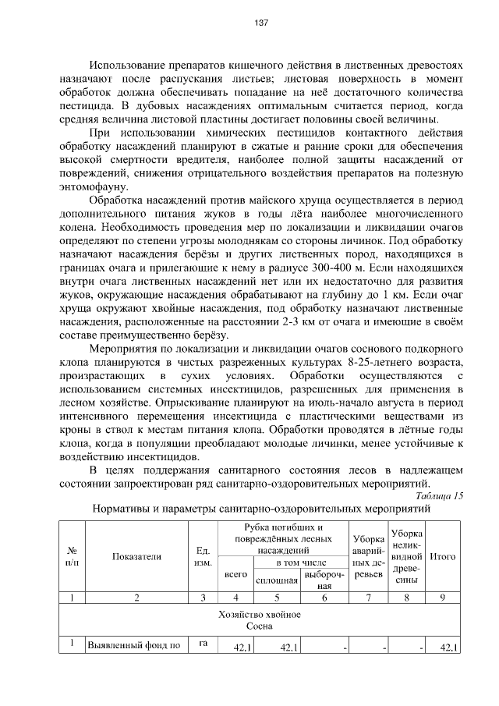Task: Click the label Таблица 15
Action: point(439,495)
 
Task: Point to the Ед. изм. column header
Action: point(202,556)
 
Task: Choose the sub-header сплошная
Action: point(277,580)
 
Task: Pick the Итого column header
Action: point(443,556)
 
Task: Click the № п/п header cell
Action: point(72,556)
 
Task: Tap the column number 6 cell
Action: point(324,598)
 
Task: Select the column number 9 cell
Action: point(443,598)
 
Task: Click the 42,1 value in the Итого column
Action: point(448,647)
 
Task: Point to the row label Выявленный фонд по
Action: point(135,646)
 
